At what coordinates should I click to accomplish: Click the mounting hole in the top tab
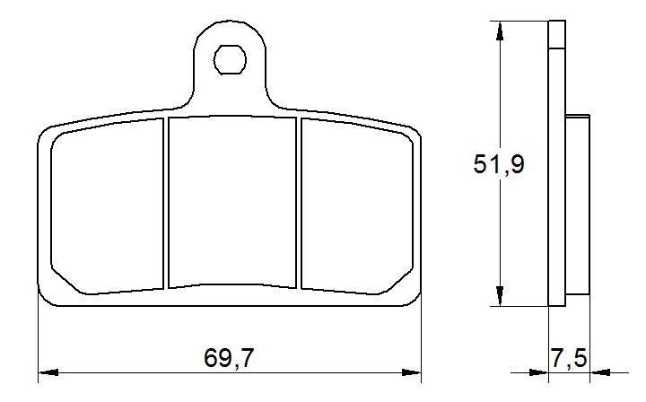click(x=230, y=62)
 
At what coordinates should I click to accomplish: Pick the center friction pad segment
click(x=231, y=201)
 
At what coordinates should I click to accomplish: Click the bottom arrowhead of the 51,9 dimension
click(x=498, y=298)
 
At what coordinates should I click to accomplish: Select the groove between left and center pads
click(x=166, y=204)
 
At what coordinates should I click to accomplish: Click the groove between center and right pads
click(x=298, y=204)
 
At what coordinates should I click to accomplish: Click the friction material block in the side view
click(x=579, y=203)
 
